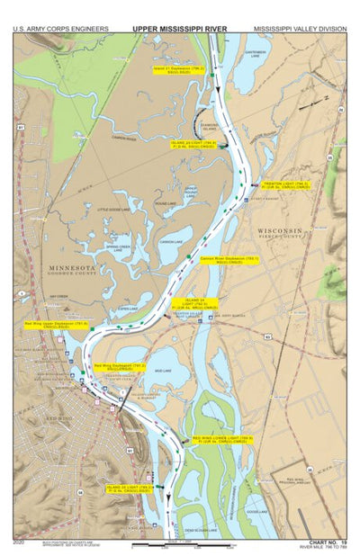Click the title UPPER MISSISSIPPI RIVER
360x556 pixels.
pos(179,29)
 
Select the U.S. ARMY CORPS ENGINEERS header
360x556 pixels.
pos(60,29)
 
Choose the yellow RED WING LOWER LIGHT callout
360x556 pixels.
pos(222,439)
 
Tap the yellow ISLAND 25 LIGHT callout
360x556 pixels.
pos(132,488)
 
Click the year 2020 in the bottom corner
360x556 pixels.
pos(20,543)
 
